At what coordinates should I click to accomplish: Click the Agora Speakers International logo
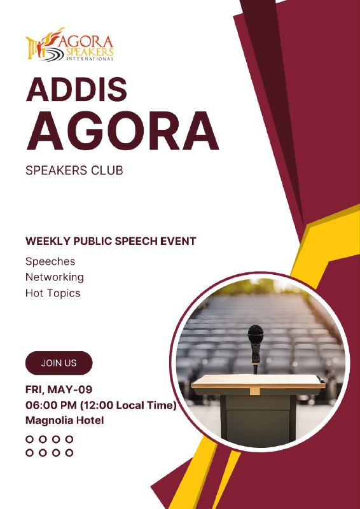70,45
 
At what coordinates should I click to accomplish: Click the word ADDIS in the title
76,89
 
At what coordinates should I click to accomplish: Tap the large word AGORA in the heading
122,131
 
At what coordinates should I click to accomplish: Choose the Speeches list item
50,261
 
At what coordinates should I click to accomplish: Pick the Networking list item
55,277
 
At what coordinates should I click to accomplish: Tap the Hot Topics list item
53,293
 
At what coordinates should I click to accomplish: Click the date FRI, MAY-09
59,389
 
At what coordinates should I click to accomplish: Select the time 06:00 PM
52,405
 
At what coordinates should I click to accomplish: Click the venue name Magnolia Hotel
65,421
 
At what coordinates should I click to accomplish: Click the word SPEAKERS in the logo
90,52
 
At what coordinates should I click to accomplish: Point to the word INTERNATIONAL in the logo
90,59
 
